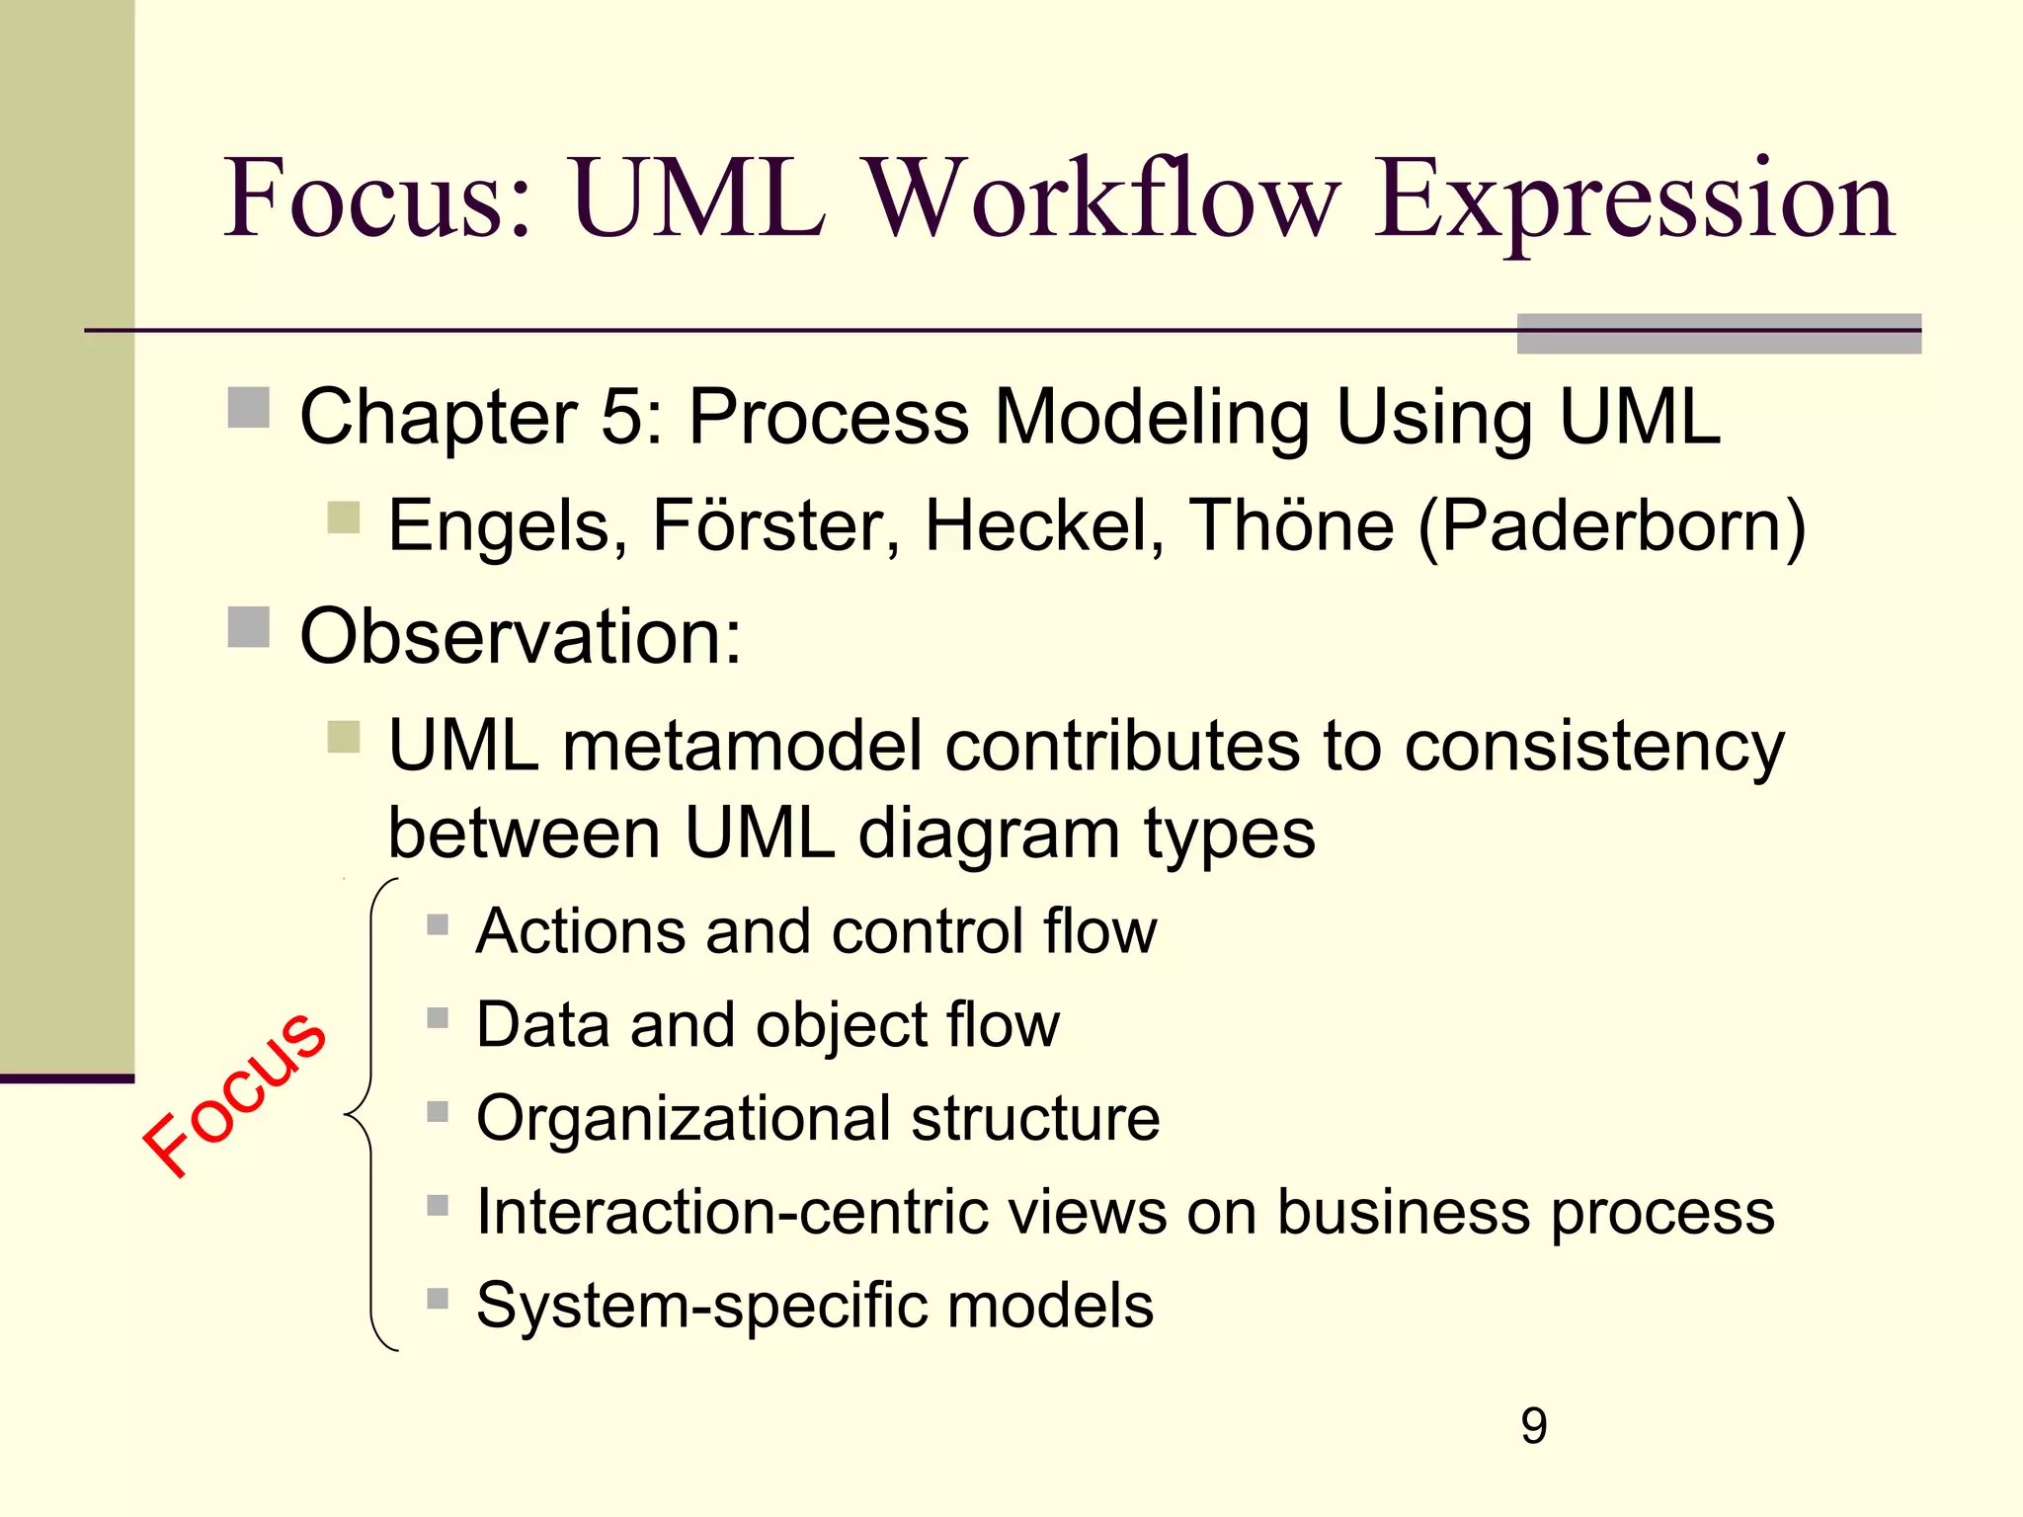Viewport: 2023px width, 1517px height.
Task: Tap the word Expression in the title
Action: point(1634,202)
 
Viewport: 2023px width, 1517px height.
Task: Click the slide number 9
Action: point(1533,1425)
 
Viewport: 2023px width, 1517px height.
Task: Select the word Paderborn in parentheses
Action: point(1612,525)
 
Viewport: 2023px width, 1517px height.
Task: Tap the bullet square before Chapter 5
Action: point(249,408)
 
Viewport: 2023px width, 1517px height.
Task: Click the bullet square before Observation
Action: point(249,627)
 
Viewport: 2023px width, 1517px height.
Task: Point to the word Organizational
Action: point(682,1119)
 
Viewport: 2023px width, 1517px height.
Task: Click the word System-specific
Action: point(700,1306)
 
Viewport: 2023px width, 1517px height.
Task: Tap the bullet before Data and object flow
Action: point(438,1018)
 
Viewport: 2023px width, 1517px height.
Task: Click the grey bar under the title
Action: point(1719,334)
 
